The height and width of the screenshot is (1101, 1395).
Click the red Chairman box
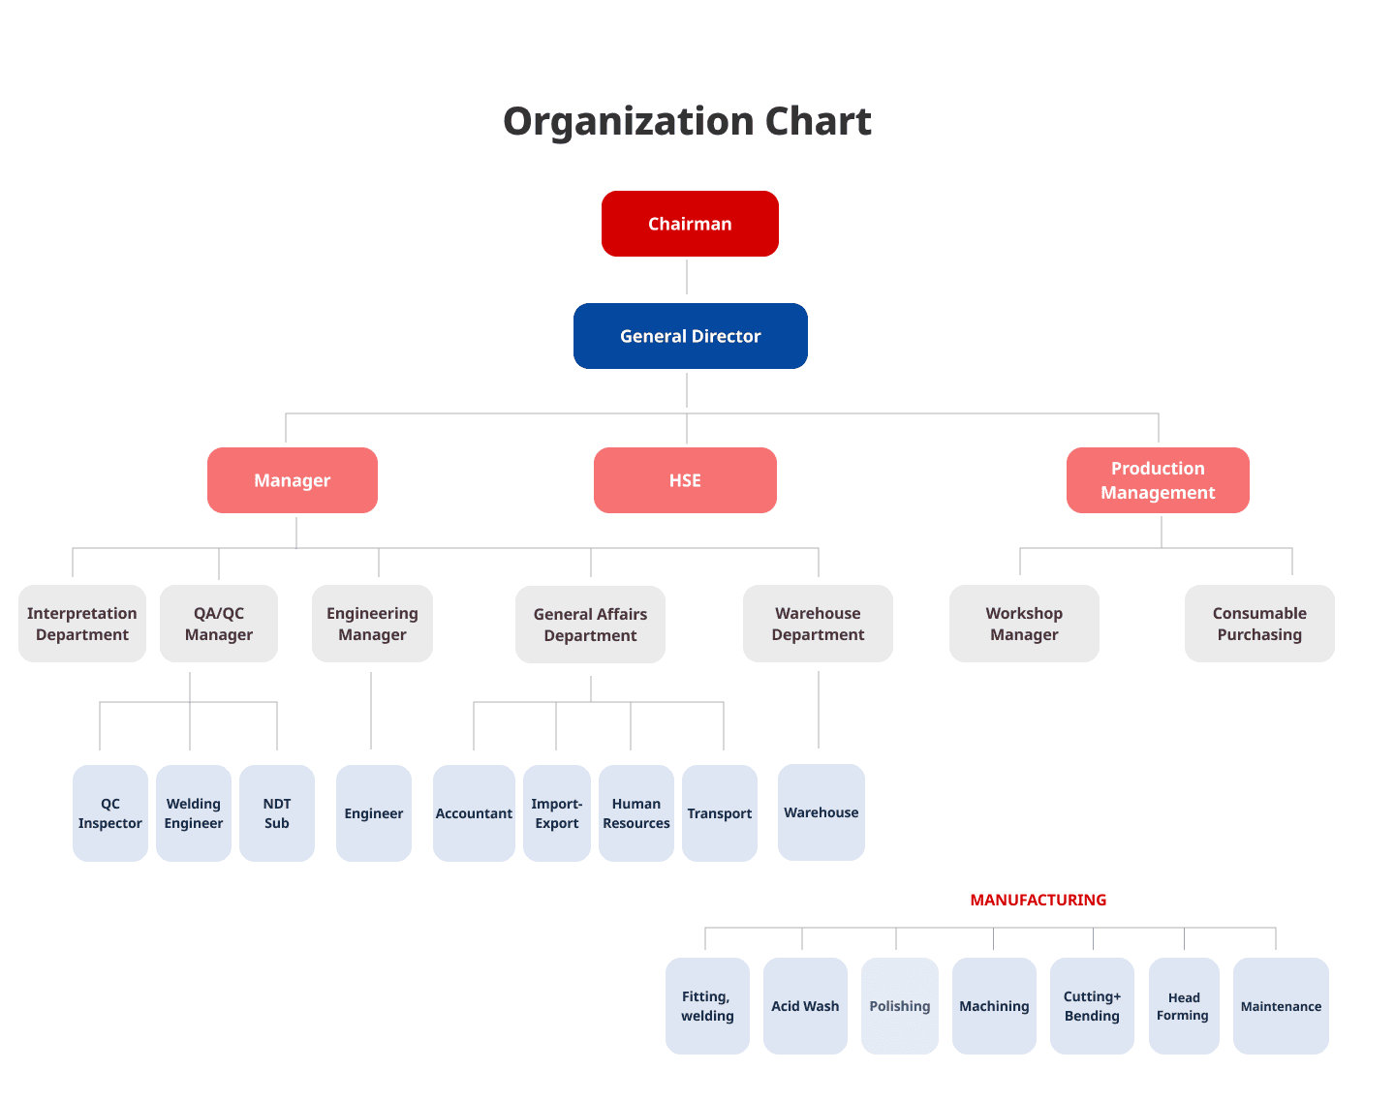coord(690,224)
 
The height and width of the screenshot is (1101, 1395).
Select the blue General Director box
coord(691,336)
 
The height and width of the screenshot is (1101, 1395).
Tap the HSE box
coord(685,480)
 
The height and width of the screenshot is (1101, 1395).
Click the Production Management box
coord(1158,480)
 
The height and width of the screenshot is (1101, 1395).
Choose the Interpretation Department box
coord(82,624)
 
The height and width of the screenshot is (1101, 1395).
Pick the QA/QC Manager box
coord(219,624)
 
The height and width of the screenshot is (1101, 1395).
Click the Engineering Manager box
coord(372,624)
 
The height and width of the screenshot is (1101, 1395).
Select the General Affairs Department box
coord(591,624)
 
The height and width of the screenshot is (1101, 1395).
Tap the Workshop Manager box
coord(1024,624)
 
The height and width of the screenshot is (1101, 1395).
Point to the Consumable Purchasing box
coord(1259,624)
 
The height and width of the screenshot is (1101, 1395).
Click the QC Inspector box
coord(110,812)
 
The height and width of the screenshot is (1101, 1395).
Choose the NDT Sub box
coord(277,812)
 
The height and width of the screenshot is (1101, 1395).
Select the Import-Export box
coord(557,812)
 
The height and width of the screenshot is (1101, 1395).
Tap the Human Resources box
coord(636,812)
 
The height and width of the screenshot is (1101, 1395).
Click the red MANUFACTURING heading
coord(1038,900)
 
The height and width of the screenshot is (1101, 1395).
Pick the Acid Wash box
coord(805,1006)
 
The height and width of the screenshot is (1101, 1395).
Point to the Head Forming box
coord(1184,1006)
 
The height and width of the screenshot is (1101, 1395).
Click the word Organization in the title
coord(629,122)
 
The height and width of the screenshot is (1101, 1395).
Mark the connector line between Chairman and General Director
coord(687,277)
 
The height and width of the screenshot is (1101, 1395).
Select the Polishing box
coord(900,1006)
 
